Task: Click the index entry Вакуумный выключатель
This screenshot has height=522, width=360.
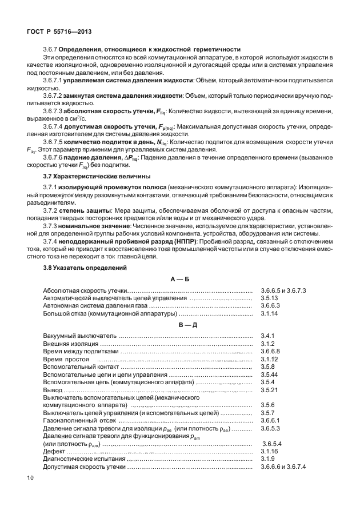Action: pyautogui.click(x=79, y=335)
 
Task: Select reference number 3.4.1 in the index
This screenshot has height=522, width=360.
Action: pyautogui.click(x=268, y=335)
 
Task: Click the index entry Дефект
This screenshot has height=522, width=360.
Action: pyautogui.click(x=54, y=451)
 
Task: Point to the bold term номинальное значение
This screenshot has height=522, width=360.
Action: pyautogui.click(x=94, y=226)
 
